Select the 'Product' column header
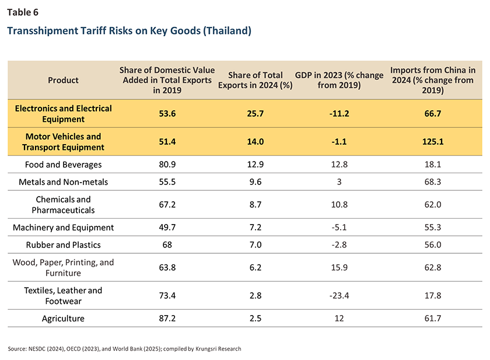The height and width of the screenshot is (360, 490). [63, 80]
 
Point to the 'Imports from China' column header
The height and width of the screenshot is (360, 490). [432, 80]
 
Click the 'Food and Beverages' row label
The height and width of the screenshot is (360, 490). [63, 165]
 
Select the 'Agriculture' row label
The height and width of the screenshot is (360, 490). [63, 319]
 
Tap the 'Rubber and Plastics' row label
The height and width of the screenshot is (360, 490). [63, 245]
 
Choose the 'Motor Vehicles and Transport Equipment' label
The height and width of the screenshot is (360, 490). [63, 142]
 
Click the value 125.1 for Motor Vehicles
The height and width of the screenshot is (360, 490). [432, 142]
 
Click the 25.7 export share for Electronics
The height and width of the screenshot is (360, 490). [254, 114]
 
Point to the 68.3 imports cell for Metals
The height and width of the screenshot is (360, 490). [432, 182]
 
